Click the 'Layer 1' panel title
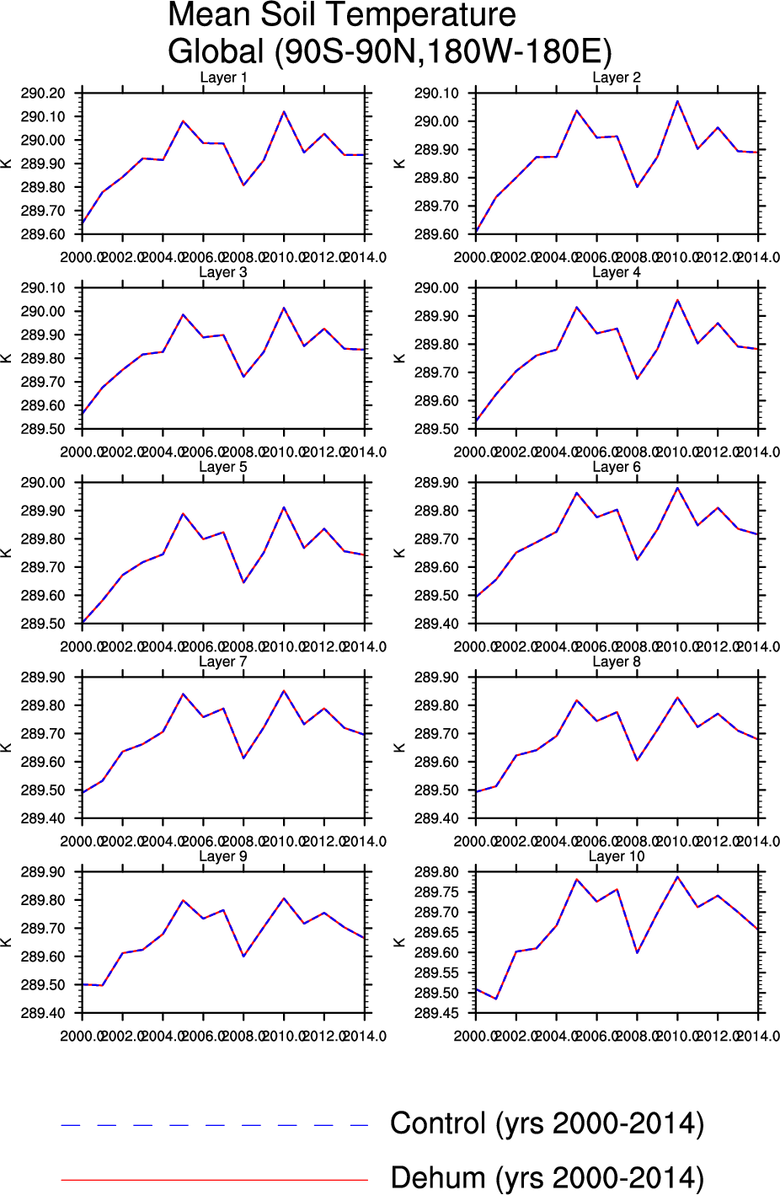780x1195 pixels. point(223,78)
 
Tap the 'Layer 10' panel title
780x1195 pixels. point(617,856)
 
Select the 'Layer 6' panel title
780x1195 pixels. point(617,467)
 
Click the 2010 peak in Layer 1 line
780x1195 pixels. point(284,111)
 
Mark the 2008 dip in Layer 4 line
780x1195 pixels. point(637,378)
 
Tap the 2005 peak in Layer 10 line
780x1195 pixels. point(577,879)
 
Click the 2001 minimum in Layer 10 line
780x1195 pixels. point(496,999)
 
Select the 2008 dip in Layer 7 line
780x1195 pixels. point(243,758)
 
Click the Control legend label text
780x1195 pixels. point(547,1123)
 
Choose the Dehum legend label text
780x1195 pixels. point(547,1178)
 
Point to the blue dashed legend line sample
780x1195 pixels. point(215,1125)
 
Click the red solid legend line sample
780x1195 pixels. point(215,1180)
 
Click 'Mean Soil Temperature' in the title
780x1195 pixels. point(342,15)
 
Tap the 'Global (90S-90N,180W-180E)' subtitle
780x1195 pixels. point(389,51)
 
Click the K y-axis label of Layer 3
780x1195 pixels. point(7,358)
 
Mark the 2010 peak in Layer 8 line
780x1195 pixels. point(677,698)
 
